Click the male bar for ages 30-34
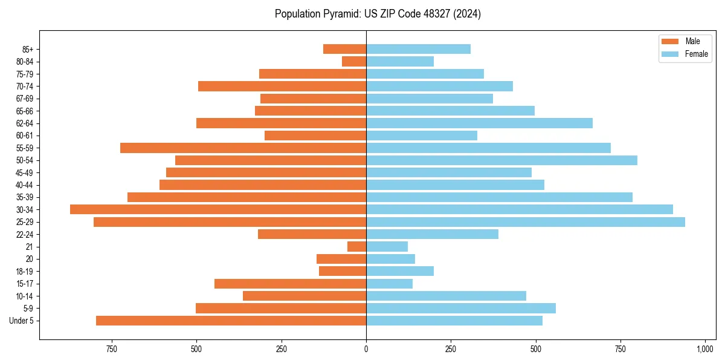click(x=218, y=209)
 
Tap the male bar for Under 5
click(x=231, y=321)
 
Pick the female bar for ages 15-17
click(x=389, y=284)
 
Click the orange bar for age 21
click(x=356, y=247)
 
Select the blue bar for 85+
click(x=418, y=49)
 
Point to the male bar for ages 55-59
click(x=243, y=148)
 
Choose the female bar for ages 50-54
click(x=501, y=160)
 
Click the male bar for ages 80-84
click(x=354, y=62)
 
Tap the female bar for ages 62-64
click(x=479, y=123)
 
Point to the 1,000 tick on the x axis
click(x=705, y=349)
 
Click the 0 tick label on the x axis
click(x=366, y=349)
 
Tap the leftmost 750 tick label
click(x=111, y=349)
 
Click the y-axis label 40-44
click(x=25, y=185)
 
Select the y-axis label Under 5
click(x=22, y=321)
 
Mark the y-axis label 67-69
click(x=25, y=99)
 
